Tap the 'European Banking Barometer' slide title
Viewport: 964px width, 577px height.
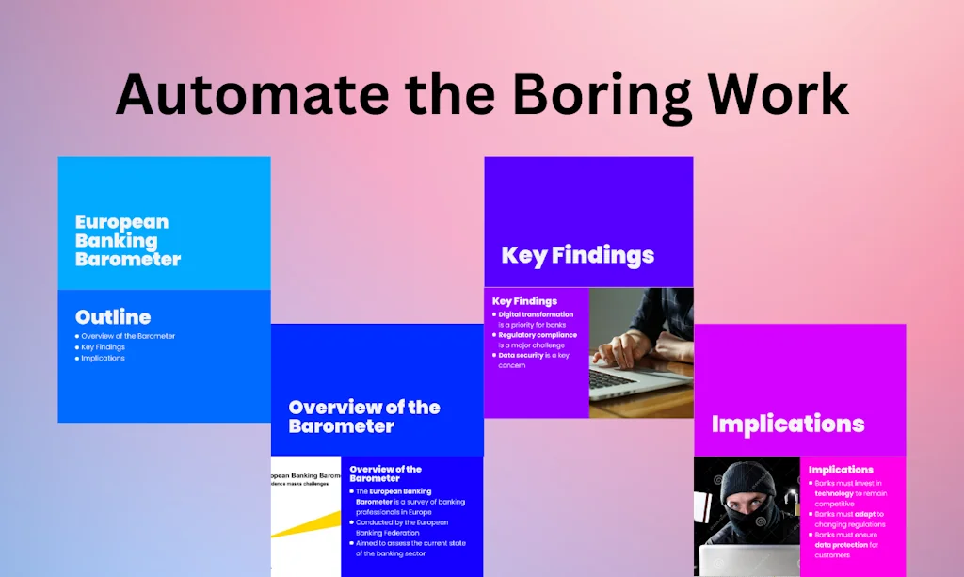(127, 240)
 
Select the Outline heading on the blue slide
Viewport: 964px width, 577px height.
(113, 317)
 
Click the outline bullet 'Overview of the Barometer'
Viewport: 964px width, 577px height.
(127, 336)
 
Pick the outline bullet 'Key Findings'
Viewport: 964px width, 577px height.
(103, 347)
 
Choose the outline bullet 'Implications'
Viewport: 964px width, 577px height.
(103, 359)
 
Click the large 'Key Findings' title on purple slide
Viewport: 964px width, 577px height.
(577, 255)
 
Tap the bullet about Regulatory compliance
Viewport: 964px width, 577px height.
(537, 340)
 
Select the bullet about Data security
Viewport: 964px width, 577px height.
(533, 360)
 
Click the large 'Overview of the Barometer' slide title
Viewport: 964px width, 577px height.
(363, 416)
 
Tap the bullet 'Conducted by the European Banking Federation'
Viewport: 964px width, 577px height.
(401, 527)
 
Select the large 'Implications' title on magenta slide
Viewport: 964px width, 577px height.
(787, 424)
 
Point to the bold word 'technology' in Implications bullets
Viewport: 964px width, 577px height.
(834, 493)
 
